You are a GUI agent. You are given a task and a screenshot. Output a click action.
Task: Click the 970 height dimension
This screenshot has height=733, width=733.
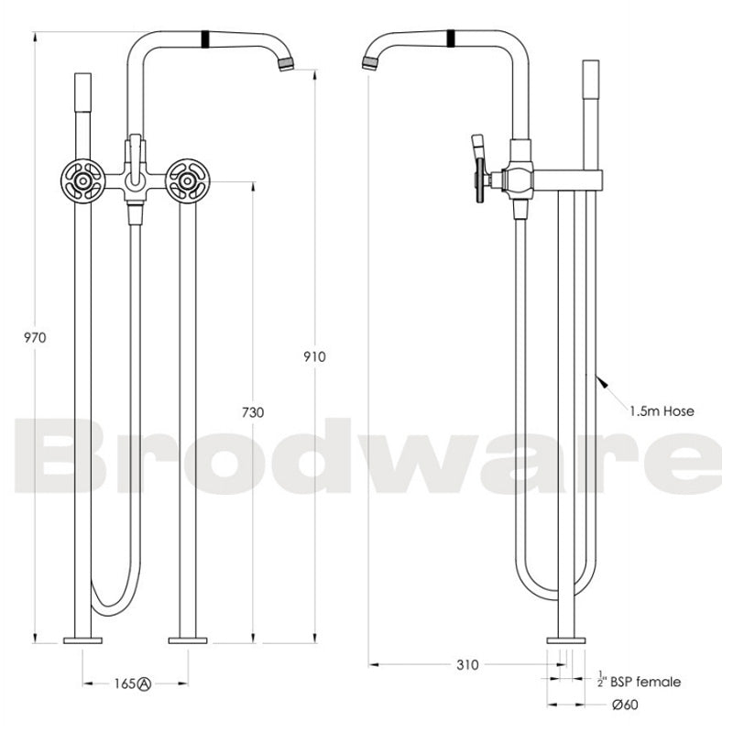[35, 337]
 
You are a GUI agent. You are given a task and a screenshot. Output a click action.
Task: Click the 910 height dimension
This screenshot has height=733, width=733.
[314, 356]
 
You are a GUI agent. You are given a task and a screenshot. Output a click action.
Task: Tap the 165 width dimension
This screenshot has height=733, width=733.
[126, 684]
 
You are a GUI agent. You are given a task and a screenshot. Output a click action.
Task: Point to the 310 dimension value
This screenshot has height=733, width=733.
[466, 665]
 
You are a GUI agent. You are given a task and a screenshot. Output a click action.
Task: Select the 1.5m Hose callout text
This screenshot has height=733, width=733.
[662, 411]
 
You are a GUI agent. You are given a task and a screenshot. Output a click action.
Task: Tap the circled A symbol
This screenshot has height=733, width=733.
[145, 684]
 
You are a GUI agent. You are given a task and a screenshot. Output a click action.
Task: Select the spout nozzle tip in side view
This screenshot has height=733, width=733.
[370, 63]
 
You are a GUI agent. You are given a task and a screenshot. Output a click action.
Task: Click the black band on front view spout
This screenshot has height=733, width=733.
[206, 38]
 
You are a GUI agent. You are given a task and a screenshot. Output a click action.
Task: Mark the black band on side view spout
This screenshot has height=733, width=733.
[451, 38]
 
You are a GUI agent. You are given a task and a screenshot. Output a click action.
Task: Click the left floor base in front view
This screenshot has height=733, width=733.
[82, 640]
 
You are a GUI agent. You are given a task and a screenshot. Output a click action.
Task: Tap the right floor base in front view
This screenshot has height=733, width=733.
[190, 640]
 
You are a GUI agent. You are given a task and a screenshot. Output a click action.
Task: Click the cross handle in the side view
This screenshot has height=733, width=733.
[484, 175]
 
